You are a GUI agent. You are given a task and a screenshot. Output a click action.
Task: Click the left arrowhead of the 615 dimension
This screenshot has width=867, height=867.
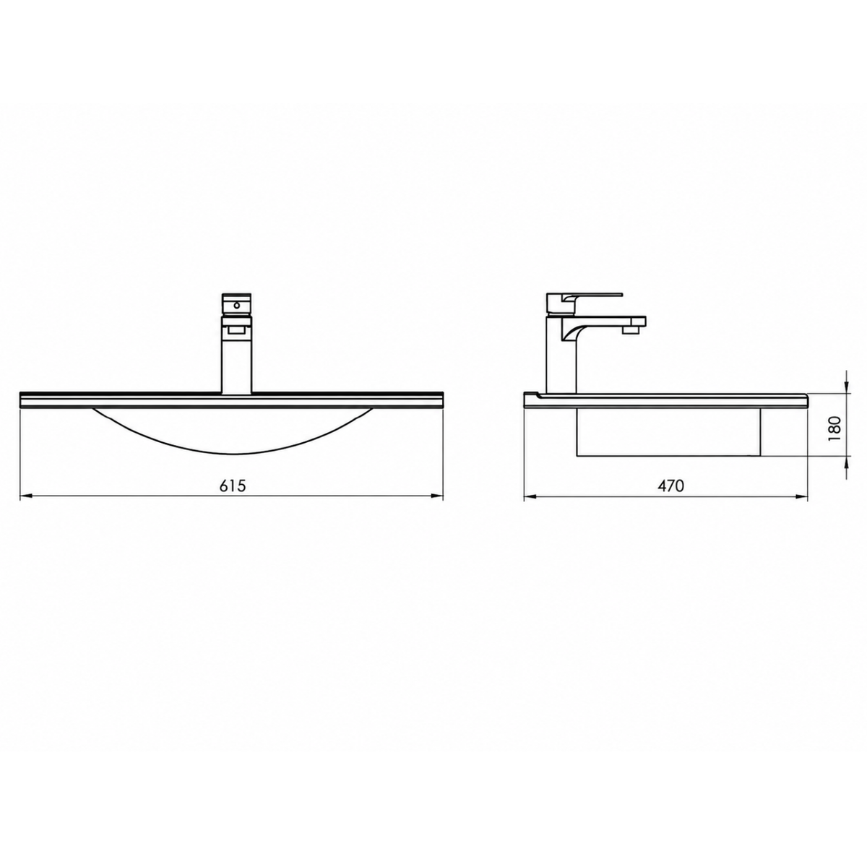(26, 496)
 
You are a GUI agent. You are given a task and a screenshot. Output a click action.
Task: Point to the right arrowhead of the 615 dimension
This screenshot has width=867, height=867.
(437, 496)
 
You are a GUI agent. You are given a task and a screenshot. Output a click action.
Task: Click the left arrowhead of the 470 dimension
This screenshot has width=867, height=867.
(530, 496)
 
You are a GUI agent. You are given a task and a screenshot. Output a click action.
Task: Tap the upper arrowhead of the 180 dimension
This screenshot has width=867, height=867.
(847, 387)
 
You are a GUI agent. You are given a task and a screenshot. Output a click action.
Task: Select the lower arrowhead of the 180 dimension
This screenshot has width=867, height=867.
(847, 463)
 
